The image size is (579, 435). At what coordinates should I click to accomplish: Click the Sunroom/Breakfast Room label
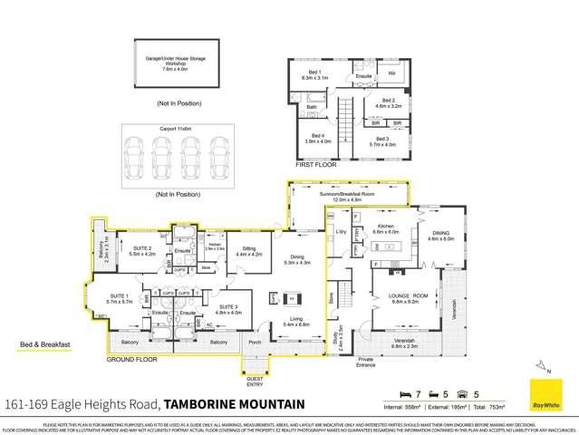(346, 196)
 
